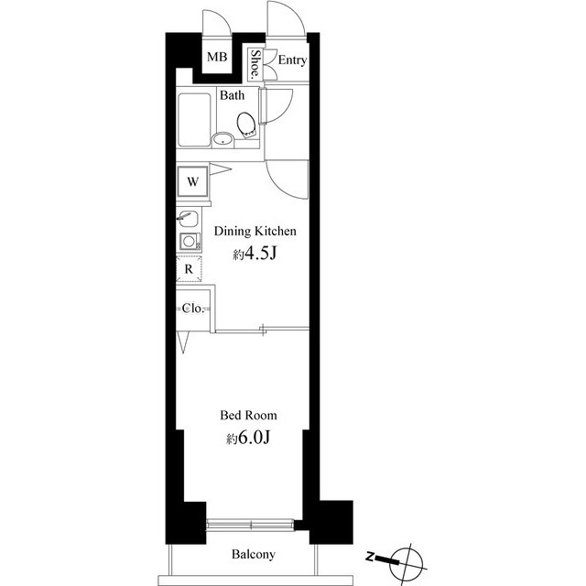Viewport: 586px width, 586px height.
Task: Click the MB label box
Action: coord(216,59)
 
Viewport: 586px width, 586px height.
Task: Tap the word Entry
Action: coord(292,61)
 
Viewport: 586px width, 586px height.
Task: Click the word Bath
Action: coord(231,95)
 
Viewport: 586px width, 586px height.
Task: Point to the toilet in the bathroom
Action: coord(246,124)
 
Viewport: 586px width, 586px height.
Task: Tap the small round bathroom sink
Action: coord(222,140)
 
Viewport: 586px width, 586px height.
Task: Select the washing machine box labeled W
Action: coord(193,181)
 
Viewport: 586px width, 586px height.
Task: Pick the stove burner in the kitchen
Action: coord(188,242)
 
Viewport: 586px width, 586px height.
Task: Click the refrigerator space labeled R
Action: coord(188,270)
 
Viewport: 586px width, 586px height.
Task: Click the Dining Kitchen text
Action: coord(255,232)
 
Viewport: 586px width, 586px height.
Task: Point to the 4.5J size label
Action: coord(255,255)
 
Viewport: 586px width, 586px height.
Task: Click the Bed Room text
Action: coord(250,415)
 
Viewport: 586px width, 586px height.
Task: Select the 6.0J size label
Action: coord(249,439)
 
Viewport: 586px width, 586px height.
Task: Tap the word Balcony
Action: coord(253,554)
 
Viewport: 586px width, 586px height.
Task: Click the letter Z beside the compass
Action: coord(370,556)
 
